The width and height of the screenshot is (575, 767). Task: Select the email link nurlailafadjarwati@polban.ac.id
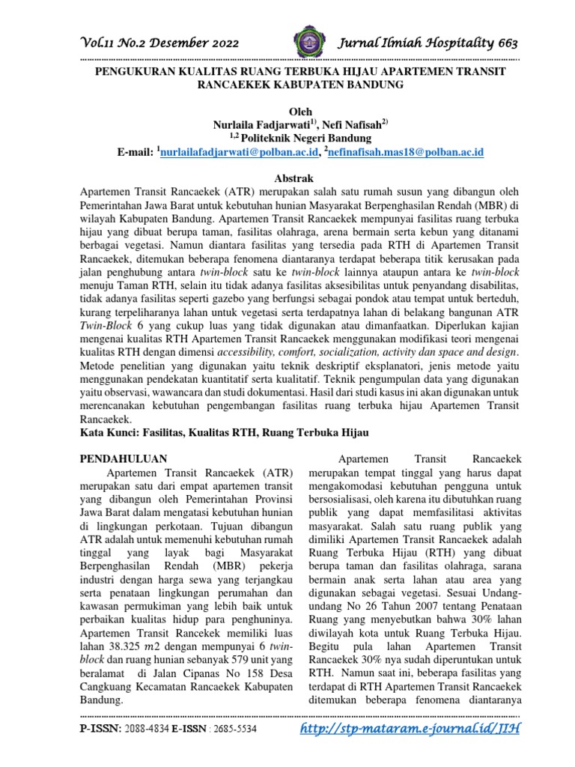[240, 152]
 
